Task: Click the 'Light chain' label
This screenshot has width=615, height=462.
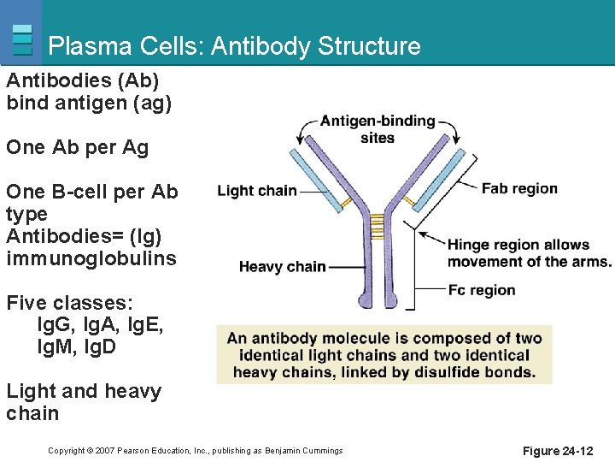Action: pos(257,191)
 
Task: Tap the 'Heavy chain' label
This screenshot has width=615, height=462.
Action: pos(283,267)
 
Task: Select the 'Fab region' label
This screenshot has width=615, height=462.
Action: pos(519,188)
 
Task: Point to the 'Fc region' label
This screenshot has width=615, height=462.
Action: pos(482,290)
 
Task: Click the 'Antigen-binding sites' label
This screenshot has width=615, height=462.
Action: pos(378,129)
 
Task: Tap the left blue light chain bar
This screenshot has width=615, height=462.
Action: pos(316,181)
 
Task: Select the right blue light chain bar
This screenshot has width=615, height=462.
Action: pos(438,181)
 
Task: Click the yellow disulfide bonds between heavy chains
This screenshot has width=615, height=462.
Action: pos(377,227)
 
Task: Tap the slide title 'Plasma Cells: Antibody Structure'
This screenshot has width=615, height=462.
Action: pos(234,45)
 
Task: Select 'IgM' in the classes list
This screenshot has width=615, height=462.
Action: pos(55,346)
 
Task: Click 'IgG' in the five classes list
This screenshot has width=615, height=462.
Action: pos(53,324)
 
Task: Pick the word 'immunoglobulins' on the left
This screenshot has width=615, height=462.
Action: pos(91,258)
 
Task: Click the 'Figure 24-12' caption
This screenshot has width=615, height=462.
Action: pos(558,451)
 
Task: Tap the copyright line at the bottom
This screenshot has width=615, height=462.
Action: pos(196,451)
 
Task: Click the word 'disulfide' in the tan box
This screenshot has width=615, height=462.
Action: pos(447,371)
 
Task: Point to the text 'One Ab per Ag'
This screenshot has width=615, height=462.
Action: pos(77,148)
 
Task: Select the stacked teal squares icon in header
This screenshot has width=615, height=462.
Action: pos(22,39)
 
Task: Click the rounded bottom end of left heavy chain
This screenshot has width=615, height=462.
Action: pos(366,301)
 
